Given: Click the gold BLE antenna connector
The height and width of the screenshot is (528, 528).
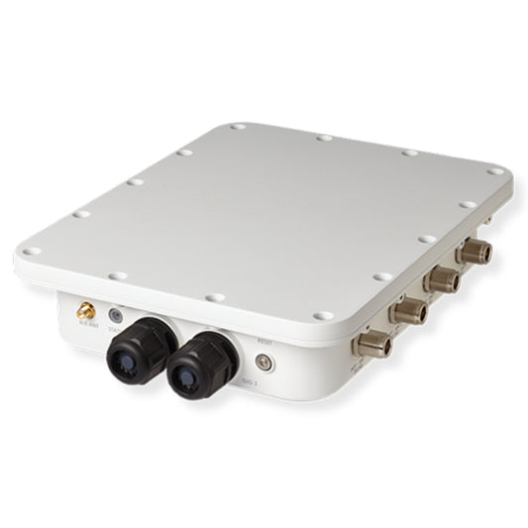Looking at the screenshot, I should click(x=86, y=310).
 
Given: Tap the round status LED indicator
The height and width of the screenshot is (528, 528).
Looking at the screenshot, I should click(x=115, y=313).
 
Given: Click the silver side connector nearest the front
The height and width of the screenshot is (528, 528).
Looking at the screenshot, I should click(x=373, y=343).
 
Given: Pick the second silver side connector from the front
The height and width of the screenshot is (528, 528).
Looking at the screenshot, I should click(x=407, y=312).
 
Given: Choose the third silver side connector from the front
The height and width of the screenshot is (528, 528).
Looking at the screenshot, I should click(x=439, y=280).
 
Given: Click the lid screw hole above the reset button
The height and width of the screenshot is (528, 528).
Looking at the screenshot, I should click(x=320, y=315).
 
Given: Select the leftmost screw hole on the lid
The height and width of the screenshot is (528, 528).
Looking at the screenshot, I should click(x=32, y=251).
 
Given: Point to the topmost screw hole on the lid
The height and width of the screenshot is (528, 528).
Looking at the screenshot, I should click(x=238, y=128).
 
